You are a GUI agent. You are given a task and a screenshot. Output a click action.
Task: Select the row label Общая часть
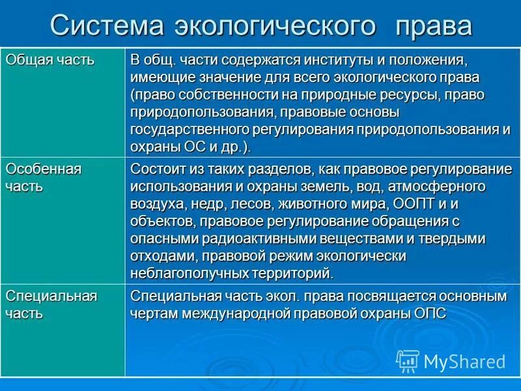[50, 60]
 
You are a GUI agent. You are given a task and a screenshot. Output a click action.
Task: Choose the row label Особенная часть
[44, 177]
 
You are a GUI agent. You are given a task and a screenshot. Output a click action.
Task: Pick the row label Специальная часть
[51, 304]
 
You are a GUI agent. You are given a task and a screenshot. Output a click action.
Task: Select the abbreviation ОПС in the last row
[432, 313]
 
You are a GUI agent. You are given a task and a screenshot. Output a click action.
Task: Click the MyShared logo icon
[408, 360]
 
